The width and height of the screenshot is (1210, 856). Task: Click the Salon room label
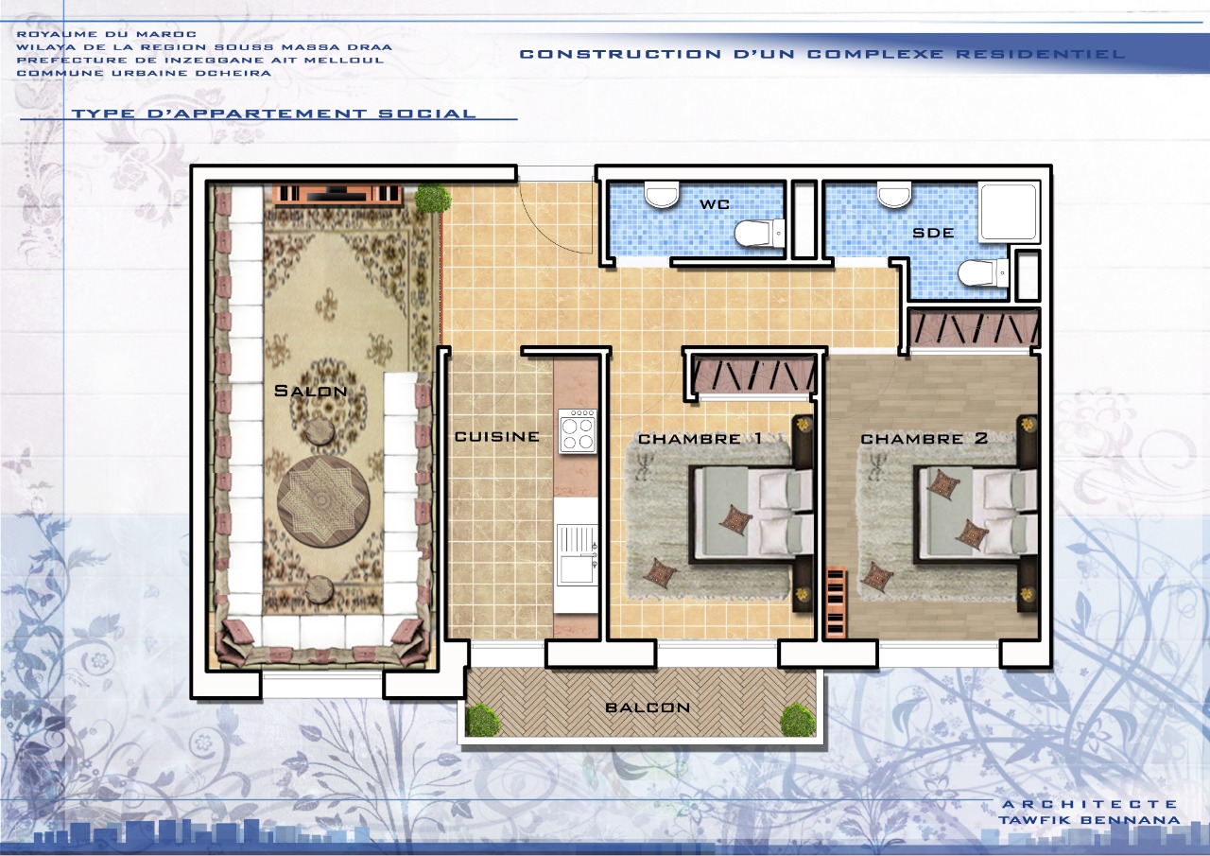310,391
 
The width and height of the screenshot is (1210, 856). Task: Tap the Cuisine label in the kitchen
497,437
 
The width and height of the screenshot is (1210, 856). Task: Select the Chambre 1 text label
700,438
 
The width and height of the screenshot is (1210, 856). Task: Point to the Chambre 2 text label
925,438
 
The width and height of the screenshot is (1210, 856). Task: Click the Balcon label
648,708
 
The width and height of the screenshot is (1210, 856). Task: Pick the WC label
714,204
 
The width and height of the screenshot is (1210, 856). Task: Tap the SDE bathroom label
933,233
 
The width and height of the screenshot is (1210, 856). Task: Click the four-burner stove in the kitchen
578,430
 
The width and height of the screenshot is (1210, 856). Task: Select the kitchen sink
578,555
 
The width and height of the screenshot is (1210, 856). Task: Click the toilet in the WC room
759,234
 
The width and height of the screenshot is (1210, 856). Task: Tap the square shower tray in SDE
1009,212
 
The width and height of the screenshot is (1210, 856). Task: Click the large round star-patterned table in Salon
323,500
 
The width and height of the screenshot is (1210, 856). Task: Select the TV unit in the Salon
338,194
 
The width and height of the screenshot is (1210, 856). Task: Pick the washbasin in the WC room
662,195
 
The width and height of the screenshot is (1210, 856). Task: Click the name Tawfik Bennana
1089,820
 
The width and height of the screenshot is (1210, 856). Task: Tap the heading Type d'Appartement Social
273,114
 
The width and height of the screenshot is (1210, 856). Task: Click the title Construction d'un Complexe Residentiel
822,54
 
